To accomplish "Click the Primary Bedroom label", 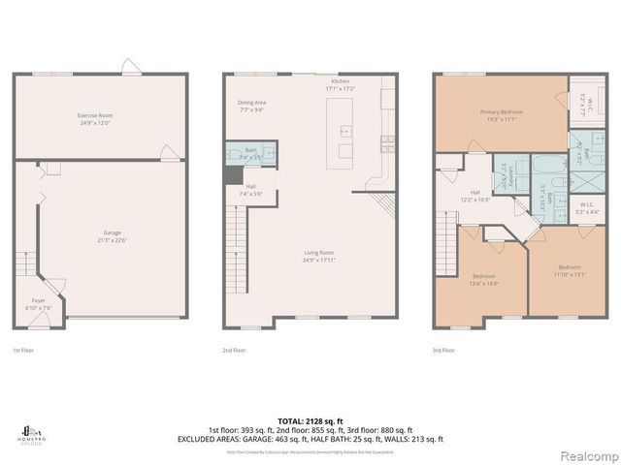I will click(501, 114).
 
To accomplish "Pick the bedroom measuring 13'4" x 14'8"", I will click(484, 278).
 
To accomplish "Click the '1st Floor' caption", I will click(22, 350).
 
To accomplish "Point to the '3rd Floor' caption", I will click(444, 350).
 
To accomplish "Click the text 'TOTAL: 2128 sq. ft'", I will click(310, 420).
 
